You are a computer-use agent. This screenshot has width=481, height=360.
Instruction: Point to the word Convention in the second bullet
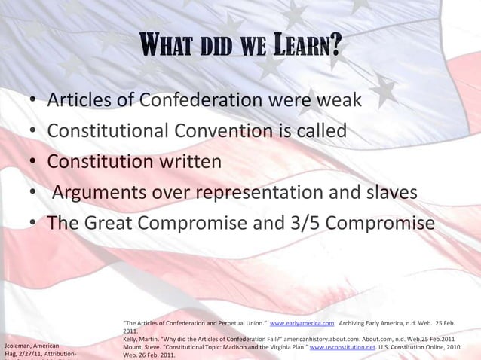(232, 131)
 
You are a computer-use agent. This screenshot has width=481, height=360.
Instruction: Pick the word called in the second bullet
(320, 131)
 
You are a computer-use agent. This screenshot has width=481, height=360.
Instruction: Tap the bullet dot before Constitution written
(33, 163)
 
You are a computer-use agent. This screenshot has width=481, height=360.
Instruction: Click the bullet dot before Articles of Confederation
(33, 101)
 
